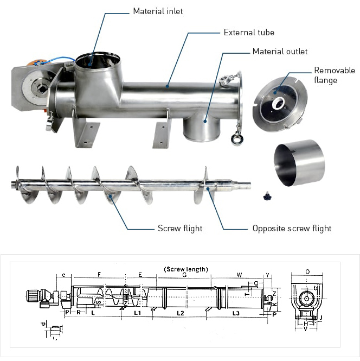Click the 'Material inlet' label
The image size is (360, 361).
click(158, 11)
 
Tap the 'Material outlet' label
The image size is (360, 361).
click(280, 52)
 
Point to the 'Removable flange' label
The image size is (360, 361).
click(335, 75)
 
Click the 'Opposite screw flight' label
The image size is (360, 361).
click(292, 229)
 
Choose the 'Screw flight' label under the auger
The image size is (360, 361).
click(180, 229)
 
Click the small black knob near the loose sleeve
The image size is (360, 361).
click(267, 195)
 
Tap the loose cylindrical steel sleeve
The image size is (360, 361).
click(300, 162)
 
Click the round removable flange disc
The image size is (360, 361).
click(279, 103)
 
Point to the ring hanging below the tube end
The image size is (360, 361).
click(237, 139)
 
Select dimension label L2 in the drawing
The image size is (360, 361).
click(181, 313)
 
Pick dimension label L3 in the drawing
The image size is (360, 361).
click(236, 313)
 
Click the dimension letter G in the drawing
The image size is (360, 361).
click(184, 275)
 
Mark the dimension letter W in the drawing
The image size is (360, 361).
click(239, 275)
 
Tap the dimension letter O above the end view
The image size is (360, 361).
click(307, 271)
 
